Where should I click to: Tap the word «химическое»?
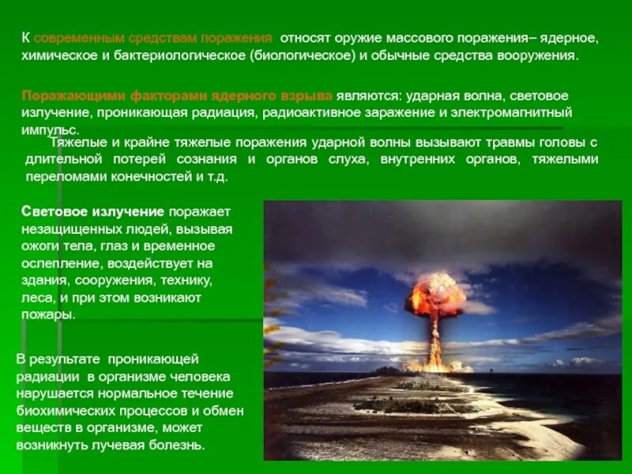[x=58, y=57]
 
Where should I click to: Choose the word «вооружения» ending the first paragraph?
[x=539, y=57]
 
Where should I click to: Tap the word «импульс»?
[x=49, y=130]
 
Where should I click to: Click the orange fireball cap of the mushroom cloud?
[x=435, y=291]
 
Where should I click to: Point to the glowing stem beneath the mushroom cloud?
[x=434, y=340]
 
